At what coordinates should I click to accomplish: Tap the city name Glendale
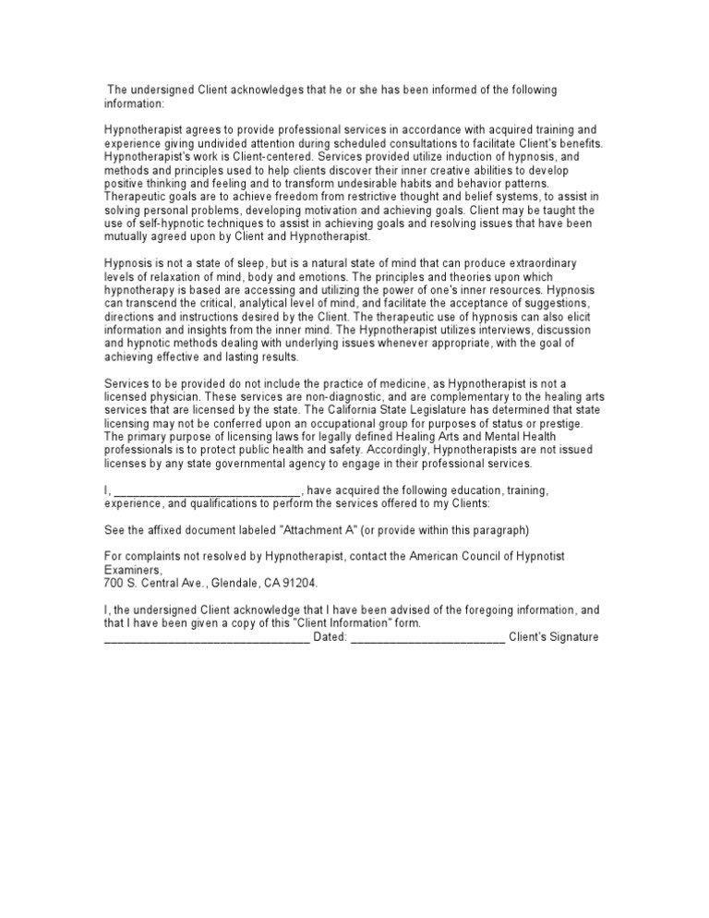tap(243, 584)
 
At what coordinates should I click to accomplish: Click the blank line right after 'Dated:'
tap(428, 637)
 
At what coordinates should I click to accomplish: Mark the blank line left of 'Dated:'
tap(207, 637)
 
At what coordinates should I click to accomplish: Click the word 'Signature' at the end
tap(572, 637)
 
